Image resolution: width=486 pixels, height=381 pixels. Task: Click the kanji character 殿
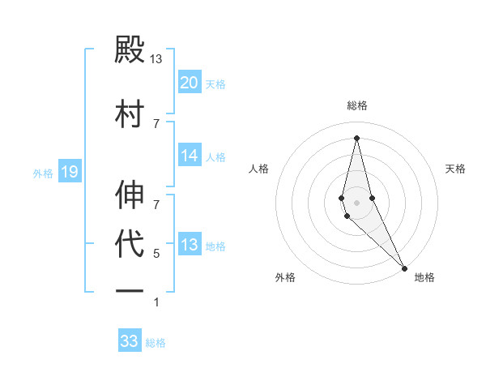[x=130, y=49]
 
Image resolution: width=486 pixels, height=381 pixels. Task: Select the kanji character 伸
[x=130, y=195]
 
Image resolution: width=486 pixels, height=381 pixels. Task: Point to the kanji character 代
[x=130, y=243]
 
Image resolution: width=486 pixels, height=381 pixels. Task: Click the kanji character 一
[x=130, y=291]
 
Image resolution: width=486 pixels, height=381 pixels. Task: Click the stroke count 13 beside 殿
[x=156, y=59]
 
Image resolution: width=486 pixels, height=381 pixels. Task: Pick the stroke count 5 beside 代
[x=156, y=254]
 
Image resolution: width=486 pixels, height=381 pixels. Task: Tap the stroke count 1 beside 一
[x=156, y=302]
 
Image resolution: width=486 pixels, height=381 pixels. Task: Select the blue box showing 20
[x=190, y=83]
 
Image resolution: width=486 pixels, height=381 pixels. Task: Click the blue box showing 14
[x=190, y=156]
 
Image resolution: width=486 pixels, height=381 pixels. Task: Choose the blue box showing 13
[x=190, y=245]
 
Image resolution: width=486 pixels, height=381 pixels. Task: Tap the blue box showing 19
[x=69, y=171]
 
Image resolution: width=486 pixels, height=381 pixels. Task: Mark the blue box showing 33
[x=130, y=341]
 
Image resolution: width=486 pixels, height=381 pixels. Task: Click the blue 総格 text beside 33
[x=156, y=343]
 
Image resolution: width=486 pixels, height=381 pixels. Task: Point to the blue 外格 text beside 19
[x=43, y=173]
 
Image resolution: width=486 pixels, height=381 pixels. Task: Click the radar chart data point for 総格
[x=356, y=137]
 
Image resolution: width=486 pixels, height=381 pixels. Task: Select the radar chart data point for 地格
[x=404, y=267]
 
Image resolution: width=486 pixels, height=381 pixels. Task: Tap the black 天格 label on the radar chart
[x=456, y=169]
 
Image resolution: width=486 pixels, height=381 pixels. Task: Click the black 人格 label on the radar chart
[x=258, y=169]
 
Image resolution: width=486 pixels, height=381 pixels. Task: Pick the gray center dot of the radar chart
[x=356, y=203]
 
